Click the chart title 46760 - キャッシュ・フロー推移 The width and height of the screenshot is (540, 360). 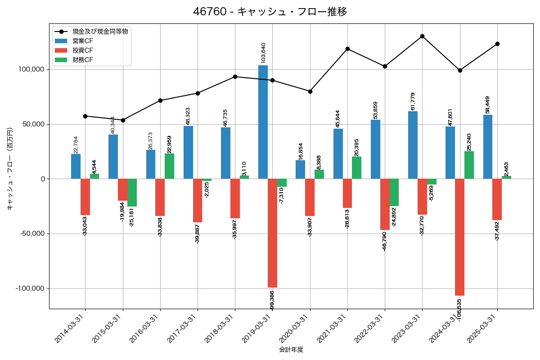[x=270, y=12]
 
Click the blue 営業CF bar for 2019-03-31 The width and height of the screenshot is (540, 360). [x=263, y=122]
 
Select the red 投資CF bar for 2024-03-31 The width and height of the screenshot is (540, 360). [x=459, y=237]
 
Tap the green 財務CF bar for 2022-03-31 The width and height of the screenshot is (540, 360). [x=394, y=192]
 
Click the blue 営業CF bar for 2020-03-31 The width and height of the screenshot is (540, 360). [x=300, y=170]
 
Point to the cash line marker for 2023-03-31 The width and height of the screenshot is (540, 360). [x=422, y=36]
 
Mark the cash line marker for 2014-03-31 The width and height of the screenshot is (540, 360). [x=85, y=116]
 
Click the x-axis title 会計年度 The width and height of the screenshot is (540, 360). [x=291, y=350]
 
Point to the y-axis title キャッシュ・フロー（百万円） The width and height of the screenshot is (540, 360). [x=10, y=169]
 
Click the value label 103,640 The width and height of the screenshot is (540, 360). [x=263, y=53]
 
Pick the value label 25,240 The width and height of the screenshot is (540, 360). [x=469, y=142]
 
